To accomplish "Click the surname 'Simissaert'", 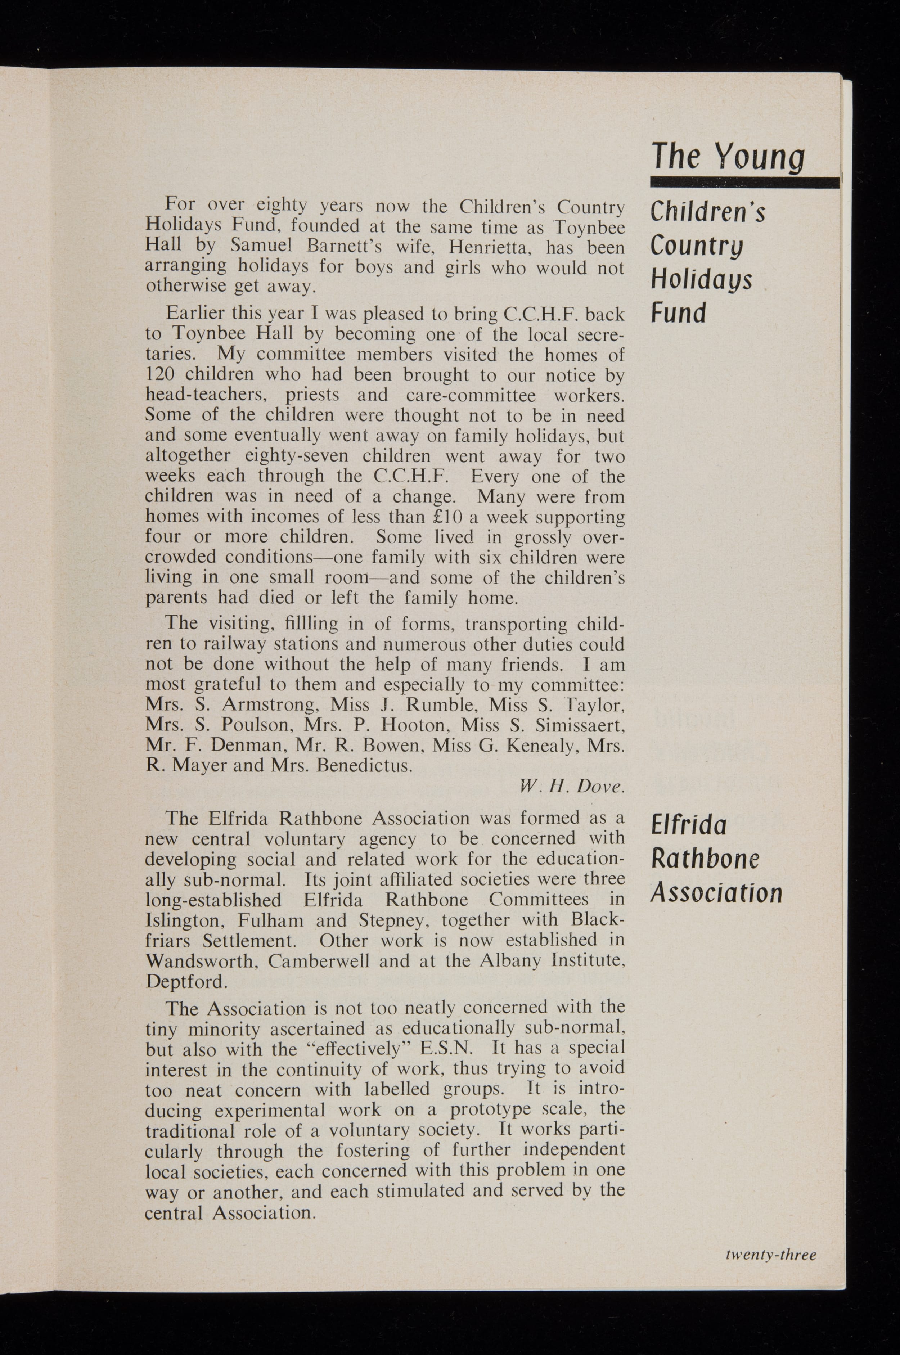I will [x=579, y=726].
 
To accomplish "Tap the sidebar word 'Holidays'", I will [x=701, y=281].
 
